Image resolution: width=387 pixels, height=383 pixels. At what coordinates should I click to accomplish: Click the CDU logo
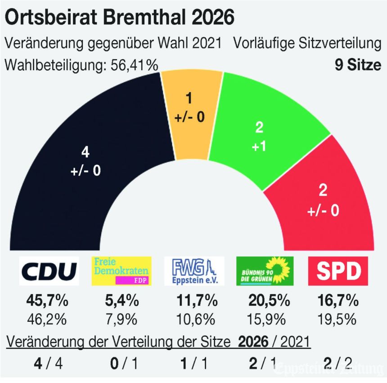[x=49, y=271]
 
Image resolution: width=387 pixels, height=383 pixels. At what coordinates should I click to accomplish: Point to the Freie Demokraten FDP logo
[x=121, y=271]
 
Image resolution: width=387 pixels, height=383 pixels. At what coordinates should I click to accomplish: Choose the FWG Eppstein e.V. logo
[x=194, y=271]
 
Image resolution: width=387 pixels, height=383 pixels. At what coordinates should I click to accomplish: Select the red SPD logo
[x=338, y=271]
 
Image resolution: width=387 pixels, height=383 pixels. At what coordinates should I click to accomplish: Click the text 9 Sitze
[x=358, y=65]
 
